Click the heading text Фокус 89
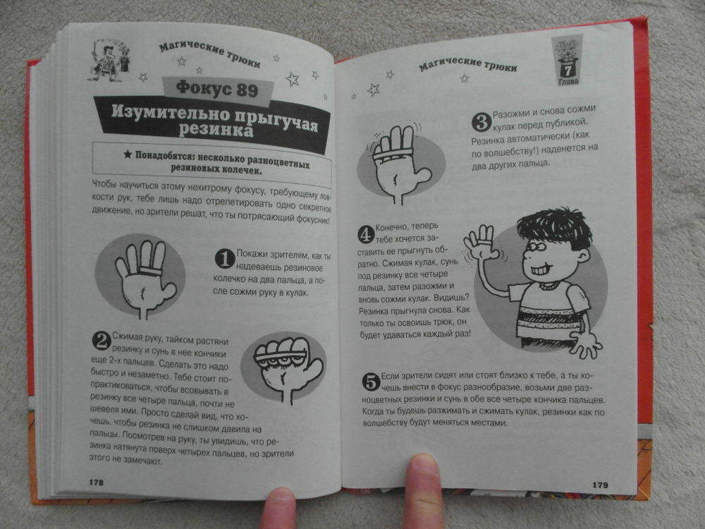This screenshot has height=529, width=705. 217,88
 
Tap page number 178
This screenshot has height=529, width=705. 96,482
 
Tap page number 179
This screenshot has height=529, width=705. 600,485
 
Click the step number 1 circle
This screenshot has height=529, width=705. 225,258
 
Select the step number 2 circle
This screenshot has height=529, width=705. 102,341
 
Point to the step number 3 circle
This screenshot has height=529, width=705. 481,122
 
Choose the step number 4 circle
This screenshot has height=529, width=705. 366,234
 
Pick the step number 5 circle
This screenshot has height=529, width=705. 372,382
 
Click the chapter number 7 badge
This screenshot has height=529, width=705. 568,61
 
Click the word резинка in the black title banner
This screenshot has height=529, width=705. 216,128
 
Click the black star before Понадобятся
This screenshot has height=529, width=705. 128,154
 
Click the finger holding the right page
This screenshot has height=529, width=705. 422,491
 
